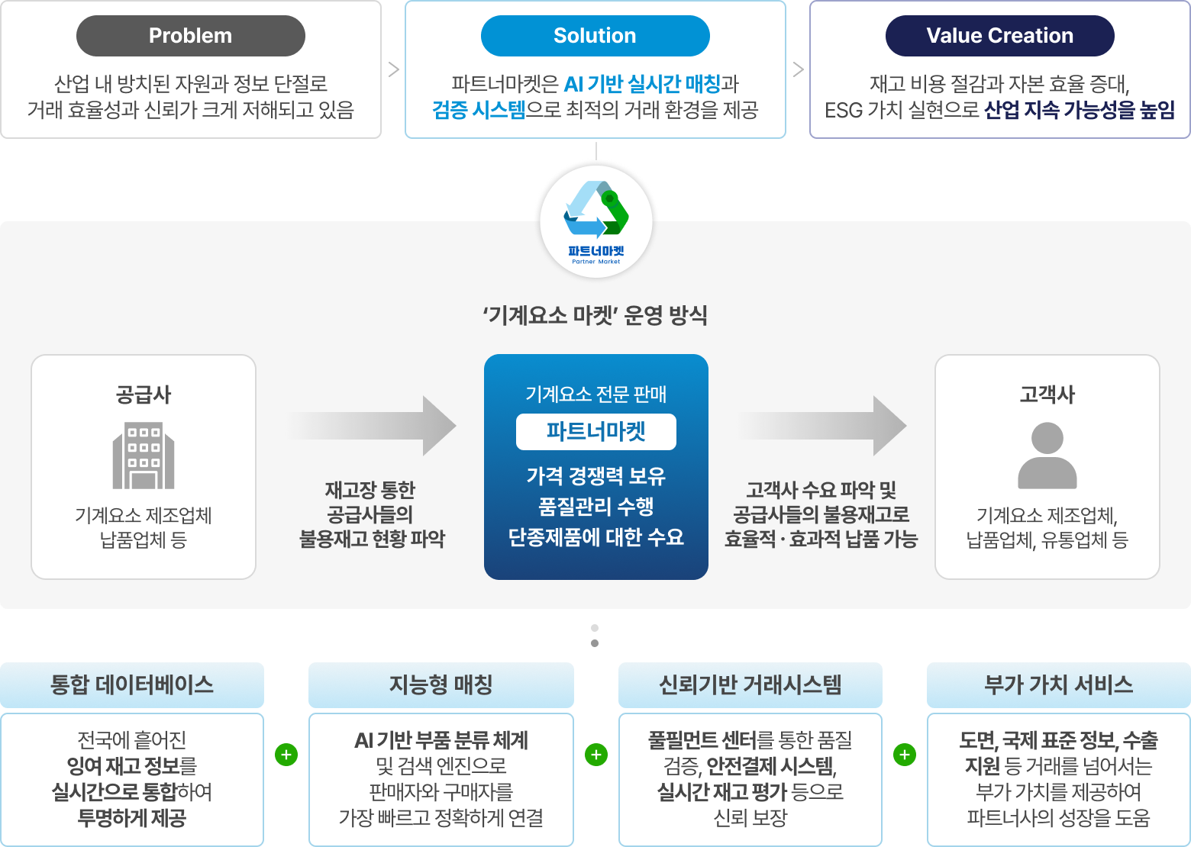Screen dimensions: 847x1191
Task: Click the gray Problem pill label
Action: [x=191, y=36]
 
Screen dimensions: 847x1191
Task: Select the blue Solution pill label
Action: [x=595, y=36]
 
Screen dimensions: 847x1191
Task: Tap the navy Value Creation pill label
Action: [x=999, y=36]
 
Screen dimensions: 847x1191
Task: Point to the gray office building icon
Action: [x=144, y=455]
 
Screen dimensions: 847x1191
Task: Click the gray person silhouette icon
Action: [x=1047, y=456]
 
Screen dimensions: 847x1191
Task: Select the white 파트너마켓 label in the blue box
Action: [x=596, y=432]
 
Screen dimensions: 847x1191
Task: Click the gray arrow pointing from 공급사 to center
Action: [x=373, y=425]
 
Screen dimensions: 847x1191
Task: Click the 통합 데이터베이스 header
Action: [x=132, y=684]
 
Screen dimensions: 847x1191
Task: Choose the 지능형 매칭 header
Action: [x=441, y=684]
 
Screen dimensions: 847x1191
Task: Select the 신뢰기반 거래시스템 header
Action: [x=750, y=684]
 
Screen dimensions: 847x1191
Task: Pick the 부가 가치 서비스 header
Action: [x=1059, y=684]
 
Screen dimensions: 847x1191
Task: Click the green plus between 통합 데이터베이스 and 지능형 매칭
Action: [x=286, y=755]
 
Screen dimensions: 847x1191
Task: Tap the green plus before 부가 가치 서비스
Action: [x=905, y=755]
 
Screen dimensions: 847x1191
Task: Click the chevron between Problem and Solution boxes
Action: [x=394, y=69]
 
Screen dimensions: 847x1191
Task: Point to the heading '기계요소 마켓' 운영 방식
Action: [x=595, y=315]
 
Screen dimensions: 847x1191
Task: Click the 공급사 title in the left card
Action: [x=144, y=395]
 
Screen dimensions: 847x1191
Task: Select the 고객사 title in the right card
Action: [x=1047, y=395]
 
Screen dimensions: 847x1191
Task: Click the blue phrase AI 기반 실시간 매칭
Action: [x=642, y=84]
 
